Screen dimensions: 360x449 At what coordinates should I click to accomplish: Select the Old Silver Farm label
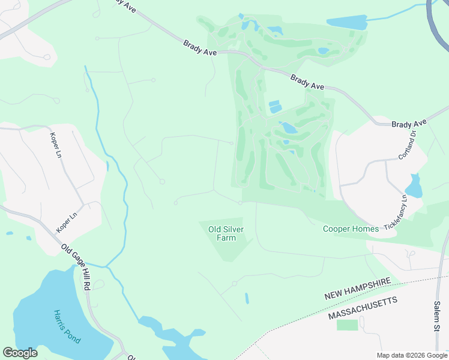pyautogui.click(x=221, y=233)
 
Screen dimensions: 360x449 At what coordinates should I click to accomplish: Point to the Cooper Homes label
pyautogui.click(x=351, y=229)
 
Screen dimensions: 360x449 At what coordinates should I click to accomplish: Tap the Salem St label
pyautogui.click(x=436, y=317)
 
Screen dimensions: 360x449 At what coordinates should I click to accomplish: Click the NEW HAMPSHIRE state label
pyautogui.click(x=358, y=289)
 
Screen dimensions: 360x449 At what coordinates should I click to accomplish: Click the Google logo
pyautogui.click(x=20, y=353)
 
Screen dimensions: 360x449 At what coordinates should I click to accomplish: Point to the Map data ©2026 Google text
pyautogui.click(x=412, y=355)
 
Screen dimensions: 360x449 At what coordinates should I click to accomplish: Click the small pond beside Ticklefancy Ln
pyautogui.click(x=414, y=187)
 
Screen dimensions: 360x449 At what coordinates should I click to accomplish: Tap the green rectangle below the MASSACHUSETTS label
pyautogui.click(x=347, y=325)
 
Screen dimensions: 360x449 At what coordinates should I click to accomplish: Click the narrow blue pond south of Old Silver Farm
pyautogui.click(x=247, y=298)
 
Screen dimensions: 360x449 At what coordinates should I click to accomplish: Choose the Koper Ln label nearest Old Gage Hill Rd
pyautogui.click(x=67, y=221)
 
